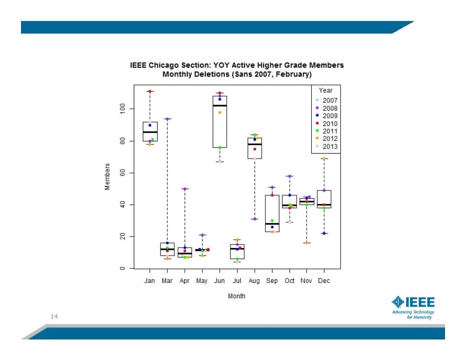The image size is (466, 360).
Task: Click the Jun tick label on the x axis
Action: tap(219, 281)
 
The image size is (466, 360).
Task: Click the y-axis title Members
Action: tap(107, 176)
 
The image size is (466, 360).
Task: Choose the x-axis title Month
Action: tap(236, 296)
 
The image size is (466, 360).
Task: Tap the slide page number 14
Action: tap(54, 317)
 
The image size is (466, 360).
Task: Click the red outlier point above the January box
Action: tap(150, 92)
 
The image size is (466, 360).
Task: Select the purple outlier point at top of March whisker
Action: tap(167, 119)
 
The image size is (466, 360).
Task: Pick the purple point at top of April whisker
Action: tap(185, 189)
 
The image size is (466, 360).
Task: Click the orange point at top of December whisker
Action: tap(324, 159)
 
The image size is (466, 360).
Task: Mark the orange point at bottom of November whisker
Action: tap(306, 243)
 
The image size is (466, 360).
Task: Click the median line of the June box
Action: tap(219, 106)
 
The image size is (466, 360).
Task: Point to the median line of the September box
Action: tap(271, 224)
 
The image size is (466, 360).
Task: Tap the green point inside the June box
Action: tap(220, 148)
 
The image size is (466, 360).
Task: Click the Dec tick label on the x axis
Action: tap(324, 281)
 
